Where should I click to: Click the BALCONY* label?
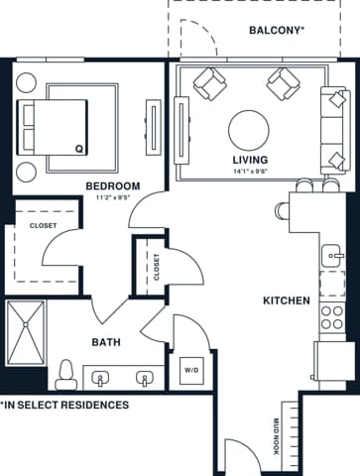[276, 30]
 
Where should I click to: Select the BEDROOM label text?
[112, 185]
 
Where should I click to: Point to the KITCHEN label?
[287, 300]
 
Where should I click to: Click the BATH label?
[106, 342]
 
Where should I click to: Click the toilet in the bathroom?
[66, 373]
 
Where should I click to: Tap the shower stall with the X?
[26, 332]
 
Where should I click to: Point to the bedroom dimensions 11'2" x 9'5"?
[112, 196]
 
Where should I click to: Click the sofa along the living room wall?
[334, 128]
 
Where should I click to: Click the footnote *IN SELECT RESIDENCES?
[64, 406]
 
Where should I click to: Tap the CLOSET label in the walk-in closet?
[42, 225]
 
